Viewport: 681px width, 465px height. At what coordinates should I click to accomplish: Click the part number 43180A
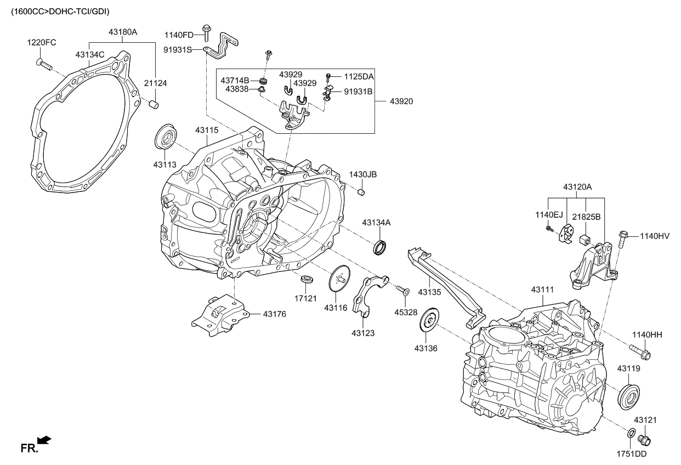(x=123, y=32)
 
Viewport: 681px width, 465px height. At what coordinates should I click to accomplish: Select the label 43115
(x=207, y=131)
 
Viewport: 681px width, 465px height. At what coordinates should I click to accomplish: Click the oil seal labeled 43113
(x=166, y=137)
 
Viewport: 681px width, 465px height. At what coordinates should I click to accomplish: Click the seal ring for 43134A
(x=381, y=247)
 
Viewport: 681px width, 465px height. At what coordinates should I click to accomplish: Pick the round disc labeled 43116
(x=339, y=279)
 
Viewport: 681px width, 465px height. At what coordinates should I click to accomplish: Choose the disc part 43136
(x=429, y=320)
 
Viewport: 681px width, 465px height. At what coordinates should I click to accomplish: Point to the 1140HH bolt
(x=640, y=351)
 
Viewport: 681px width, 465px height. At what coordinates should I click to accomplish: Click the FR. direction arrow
(x=44, y=440)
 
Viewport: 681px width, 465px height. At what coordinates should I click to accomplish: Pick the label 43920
(x=401, y=101)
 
